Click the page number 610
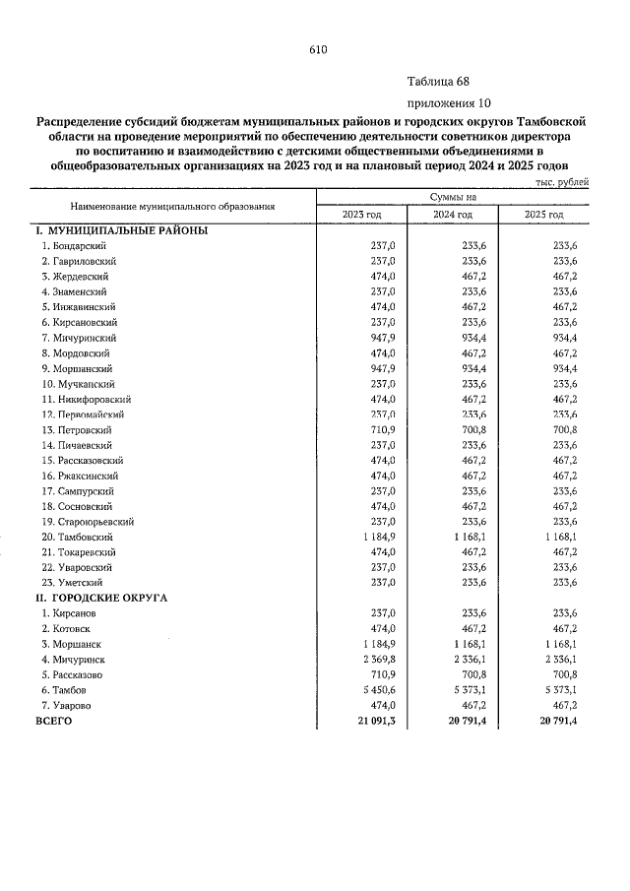point(316,49)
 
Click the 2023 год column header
point(361,215)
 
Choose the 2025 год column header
point(543,215)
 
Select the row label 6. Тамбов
point(67,690)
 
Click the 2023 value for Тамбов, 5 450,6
point(375,690)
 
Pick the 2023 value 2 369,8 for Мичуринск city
point(375,660)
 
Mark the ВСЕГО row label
point(55,721)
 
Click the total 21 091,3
point(373,721)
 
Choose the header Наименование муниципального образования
point(171,207)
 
